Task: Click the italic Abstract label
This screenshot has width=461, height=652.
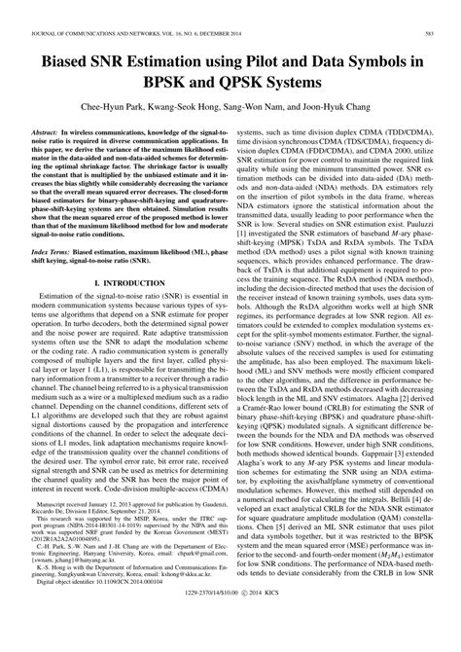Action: point(48,127)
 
